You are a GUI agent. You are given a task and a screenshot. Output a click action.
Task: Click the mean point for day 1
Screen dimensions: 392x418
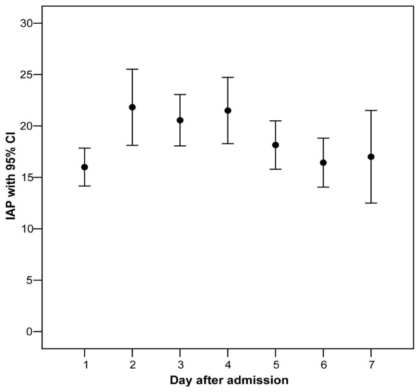(x=85, y=167)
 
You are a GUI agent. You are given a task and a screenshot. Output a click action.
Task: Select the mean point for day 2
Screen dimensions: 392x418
(x=132, y=107)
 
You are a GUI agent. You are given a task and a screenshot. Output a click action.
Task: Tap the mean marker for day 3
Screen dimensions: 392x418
(x=180, y=120)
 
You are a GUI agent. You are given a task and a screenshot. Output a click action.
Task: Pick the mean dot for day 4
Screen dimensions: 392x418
(x=228, y=111)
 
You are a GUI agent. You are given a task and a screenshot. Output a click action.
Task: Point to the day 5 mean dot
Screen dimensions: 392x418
(x=275, y=145)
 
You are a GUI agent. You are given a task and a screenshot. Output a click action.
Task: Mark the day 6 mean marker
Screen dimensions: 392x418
(x=323, y=162)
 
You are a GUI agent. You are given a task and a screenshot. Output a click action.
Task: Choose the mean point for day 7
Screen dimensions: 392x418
(x=370, y=157)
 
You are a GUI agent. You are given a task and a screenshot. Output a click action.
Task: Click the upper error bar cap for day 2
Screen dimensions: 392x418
(x=132, y=70)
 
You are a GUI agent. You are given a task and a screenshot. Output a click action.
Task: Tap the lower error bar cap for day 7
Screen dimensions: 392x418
(x=370, y=203)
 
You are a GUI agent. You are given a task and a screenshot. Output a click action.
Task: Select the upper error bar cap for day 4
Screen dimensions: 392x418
(x=228, y=78)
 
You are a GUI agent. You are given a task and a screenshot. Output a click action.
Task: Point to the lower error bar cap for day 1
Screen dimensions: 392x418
(x=85, y=186)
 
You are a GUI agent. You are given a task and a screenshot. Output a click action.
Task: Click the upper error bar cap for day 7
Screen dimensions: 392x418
(x=370, y=111)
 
